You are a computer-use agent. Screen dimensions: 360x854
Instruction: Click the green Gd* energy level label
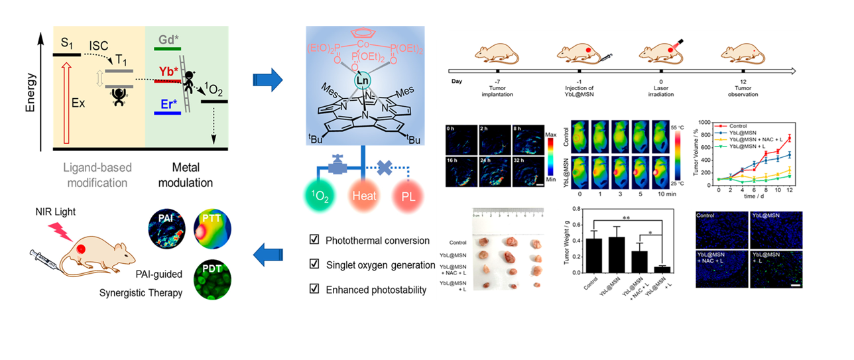[168, 40]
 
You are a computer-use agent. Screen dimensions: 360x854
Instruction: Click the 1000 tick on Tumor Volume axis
[709, 124]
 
